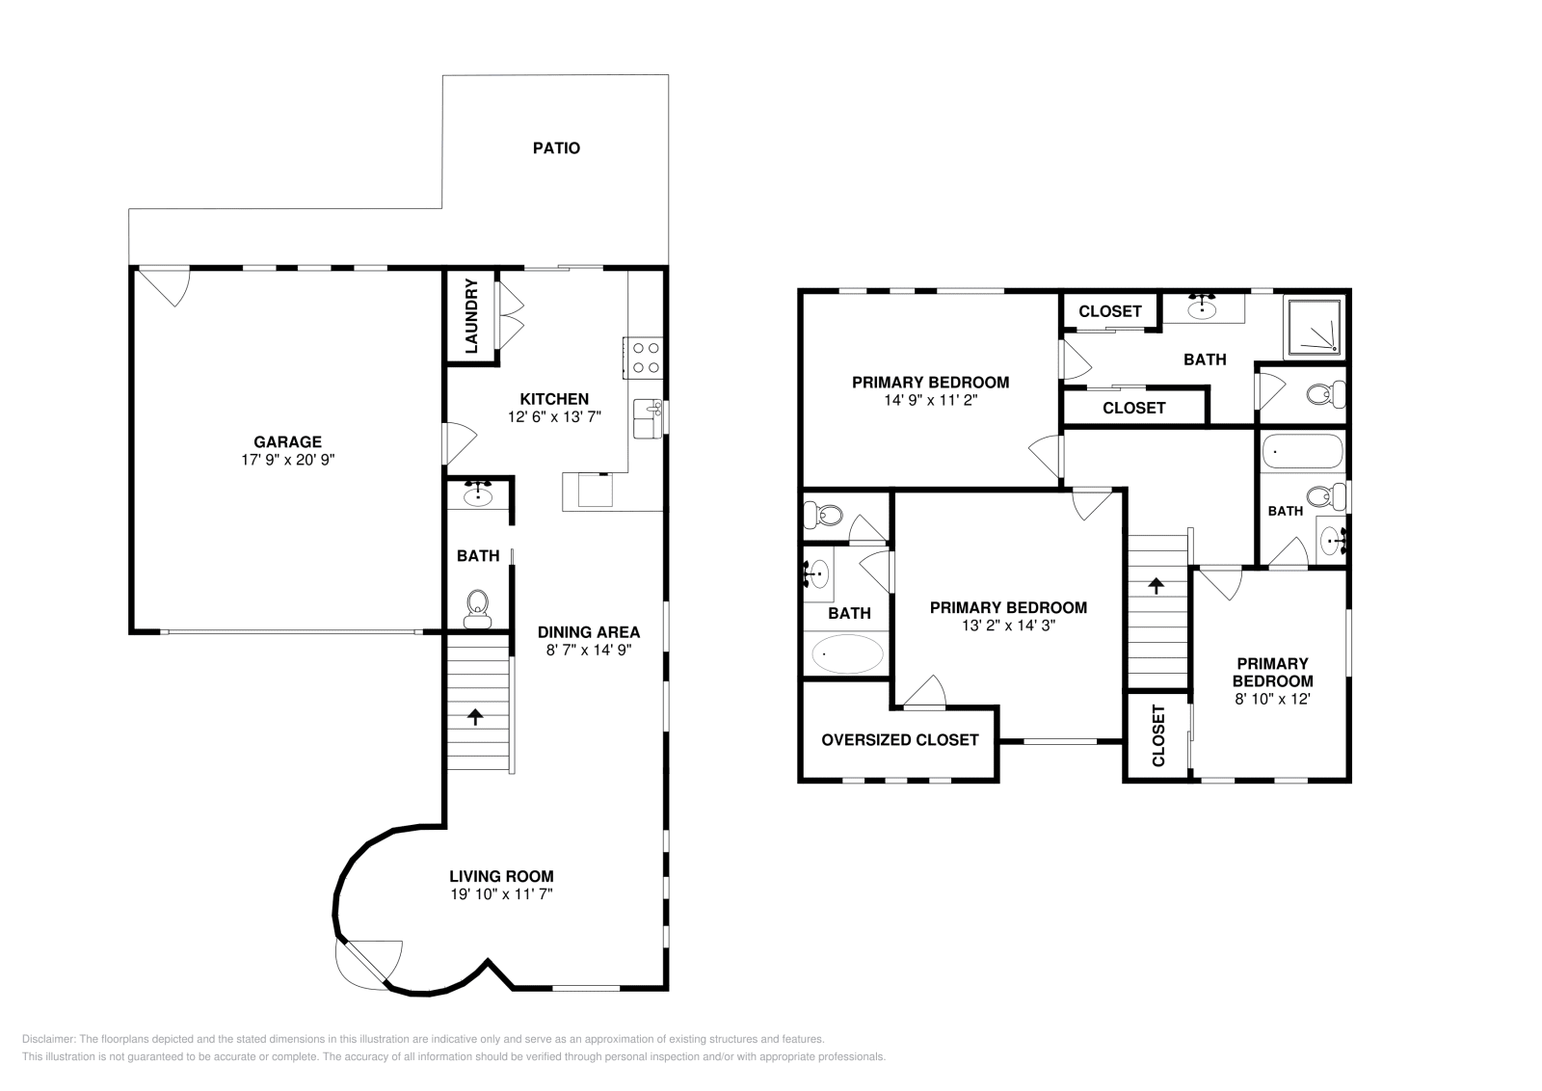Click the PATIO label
pos(556,148)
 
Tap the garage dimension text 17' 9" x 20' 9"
pos(287,460)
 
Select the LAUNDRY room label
pos(471,316)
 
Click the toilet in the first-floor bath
pos(477,608)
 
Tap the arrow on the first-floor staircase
pos(474,716)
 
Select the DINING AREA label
pos(588,632)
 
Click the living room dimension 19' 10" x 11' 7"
pos(501,894)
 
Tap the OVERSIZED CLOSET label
pos(899,740)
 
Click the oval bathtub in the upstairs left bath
pos(847,654)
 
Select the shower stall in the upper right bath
pos(1314,325)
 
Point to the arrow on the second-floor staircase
pos(1155,584)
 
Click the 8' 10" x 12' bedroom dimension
pos(1272,699)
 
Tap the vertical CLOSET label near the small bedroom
pos(1158,736)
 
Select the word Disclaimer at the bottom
pos(47,1039)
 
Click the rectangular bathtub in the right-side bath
pos(1301,450)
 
